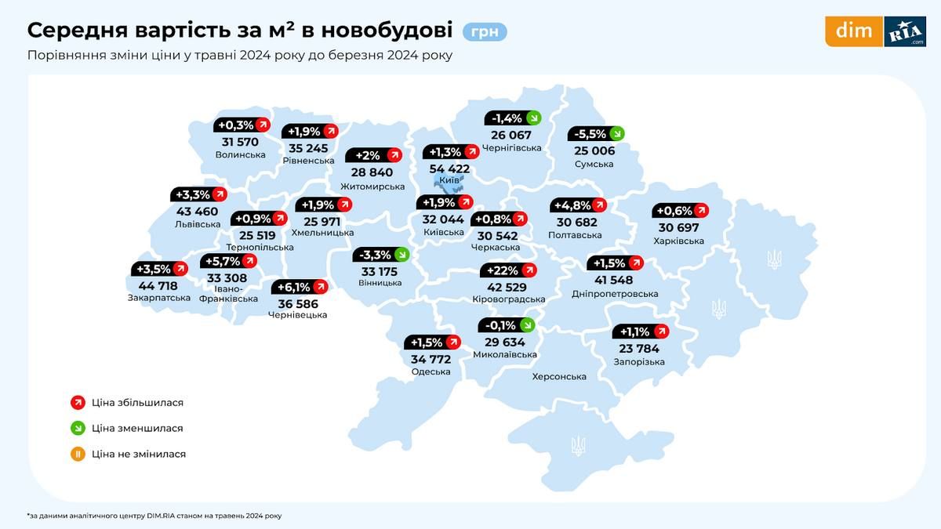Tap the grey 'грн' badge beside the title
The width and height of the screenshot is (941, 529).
click(485, 32)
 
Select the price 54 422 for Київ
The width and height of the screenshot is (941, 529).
click(449, 168)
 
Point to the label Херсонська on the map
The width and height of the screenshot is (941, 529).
click(559, 377)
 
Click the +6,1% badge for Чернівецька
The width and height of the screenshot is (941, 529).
click(298, 287)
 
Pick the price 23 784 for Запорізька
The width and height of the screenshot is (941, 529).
click(638, 348)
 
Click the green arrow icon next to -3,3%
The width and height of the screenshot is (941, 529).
click(401, 254)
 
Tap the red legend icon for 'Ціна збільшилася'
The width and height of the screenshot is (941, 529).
click(78, 403)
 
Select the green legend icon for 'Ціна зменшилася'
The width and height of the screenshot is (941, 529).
click(78, 428)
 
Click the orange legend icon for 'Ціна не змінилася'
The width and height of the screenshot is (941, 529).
click(78, 454)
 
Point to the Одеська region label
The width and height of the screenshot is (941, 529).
click(431, 371)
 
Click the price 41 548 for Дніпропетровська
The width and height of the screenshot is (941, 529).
click(612, 280)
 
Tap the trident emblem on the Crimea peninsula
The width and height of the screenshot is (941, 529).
click(578, 446)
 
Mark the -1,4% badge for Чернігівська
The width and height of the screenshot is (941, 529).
click(513, 118)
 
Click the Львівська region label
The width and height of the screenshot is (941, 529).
click(198, 223)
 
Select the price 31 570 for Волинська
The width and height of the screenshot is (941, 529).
click(240, 142)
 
